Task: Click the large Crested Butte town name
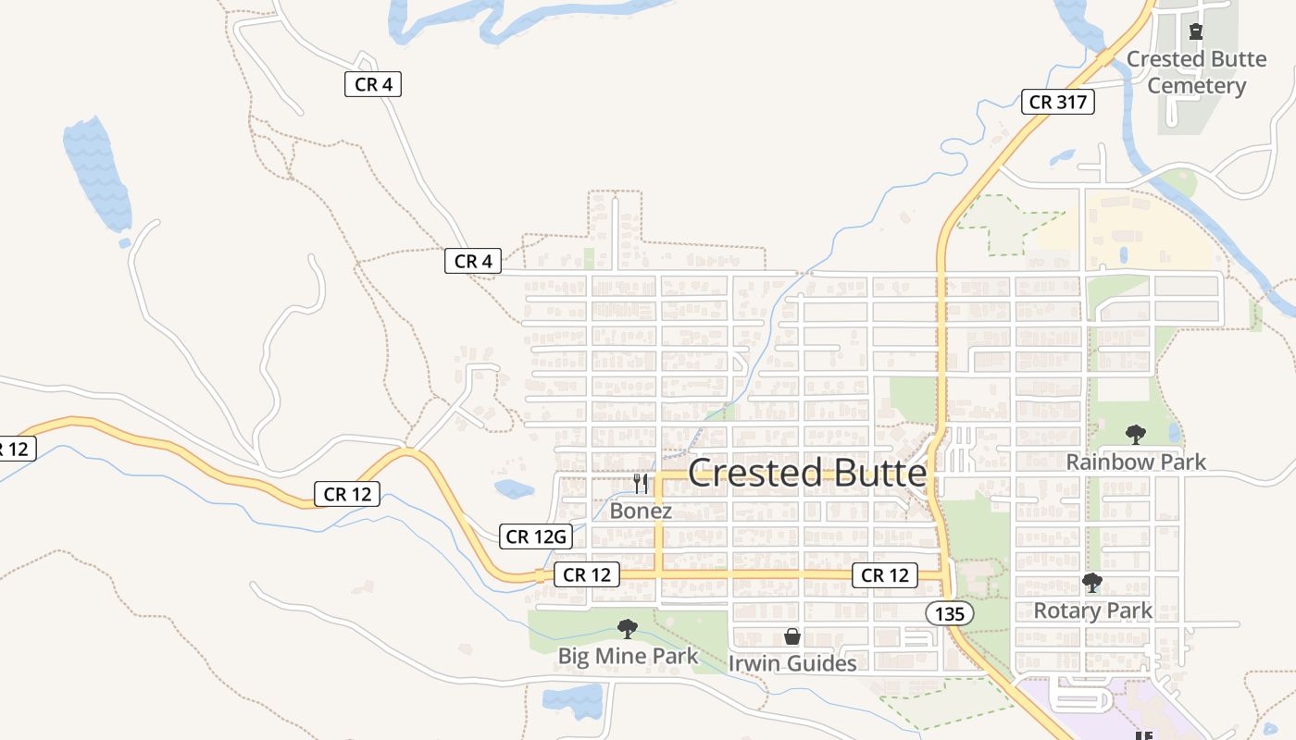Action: [806, 473]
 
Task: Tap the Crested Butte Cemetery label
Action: [1196, 72]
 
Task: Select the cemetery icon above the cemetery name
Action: [1196, 32]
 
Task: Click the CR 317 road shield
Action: [1058, 102]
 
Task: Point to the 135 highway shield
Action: [948, 612]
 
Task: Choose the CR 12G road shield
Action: [536, 536]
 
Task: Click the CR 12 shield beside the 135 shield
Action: [885, 575]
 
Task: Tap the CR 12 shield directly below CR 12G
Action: [587, 575]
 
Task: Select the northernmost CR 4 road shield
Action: [373, 84]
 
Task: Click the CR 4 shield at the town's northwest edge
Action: [472, 262]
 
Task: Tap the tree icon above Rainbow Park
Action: [1135, 434]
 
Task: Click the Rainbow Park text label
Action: [1136, 462]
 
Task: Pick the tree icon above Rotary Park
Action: [1092, 583]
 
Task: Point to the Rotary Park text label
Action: [1092, 610]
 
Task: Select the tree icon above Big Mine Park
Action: [628, 629]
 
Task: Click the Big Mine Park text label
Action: [628, 657]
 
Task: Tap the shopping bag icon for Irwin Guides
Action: [792, 636]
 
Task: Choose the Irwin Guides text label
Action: [792, 663]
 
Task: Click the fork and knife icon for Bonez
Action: [641, 483]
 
